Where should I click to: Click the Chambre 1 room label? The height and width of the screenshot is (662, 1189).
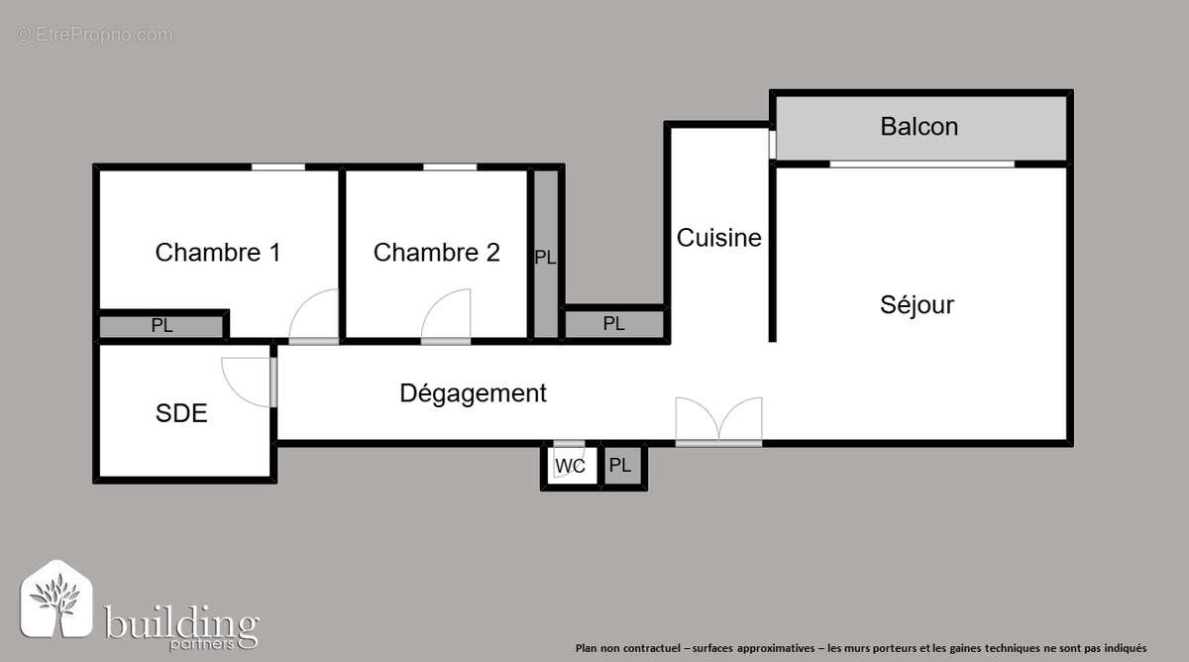pos(218,253)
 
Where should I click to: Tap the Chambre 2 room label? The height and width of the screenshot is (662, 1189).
pos(436,253)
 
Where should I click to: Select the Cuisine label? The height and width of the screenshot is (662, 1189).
pos(719,238)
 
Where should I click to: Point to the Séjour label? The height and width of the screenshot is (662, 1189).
pos(917,304)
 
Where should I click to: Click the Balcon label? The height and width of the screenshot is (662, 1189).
pos(919,127)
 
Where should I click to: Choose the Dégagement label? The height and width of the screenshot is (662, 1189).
pos(473,393)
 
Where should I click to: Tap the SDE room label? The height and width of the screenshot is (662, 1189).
pos(181,413)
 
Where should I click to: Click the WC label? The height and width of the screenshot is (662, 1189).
pos(570,466)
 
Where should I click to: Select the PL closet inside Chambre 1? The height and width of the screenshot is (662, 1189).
pos(162,325)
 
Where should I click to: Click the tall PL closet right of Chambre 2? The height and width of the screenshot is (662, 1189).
pos(545,257)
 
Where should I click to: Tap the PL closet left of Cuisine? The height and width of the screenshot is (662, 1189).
pos(614,324)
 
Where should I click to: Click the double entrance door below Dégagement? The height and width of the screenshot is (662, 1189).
pos(718,420)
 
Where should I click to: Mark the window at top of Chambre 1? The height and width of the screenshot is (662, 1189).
pos(277,166)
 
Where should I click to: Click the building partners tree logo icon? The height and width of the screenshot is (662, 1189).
pos(57,601)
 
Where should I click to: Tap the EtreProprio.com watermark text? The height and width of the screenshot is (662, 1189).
pos(94,35)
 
